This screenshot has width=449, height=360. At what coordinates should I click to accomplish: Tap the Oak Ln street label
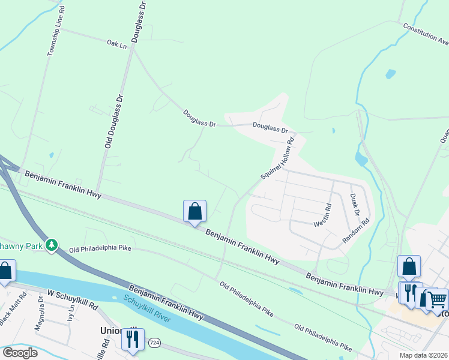click(117, 44)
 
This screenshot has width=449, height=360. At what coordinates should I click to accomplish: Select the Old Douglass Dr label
click(109, 121)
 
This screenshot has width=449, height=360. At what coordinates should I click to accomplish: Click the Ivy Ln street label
click(70, 316)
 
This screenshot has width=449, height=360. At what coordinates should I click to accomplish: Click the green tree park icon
click(52, 245)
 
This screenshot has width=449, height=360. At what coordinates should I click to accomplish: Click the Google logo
click(20, 353)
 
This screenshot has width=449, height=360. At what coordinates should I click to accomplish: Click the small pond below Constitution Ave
click(391, 74)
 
